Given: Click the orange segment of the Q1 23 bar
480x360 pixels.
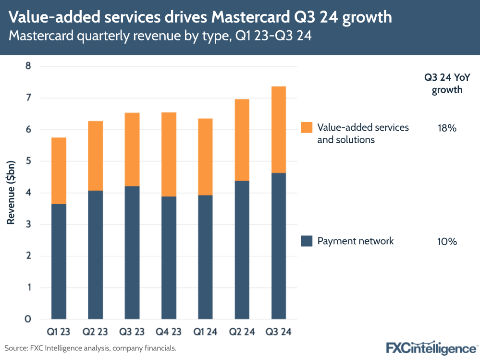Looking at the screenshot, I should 59,171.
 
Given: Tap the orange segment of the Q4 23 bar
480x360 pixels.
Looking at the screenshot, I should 169,154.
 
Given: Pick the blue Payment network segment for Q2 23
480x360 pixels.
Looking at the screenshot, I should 96,255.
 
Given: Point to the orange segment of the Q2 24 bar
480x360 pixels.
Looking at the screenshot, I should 242,140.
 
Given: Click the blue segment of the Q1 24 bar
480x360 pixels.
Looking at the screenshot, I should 206,257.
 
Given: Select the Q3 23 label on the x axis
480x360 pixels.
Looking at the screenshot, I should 132,332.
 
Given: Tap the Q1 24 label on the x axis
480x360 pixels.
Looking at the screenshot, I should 206,332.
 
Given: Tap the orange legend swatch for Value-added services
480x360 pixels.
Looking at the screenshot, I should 306,127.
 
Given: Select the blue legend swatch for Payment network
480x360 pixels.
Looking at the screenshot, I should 306,241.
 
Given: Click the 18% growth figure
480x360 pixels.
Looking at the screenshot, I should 446,128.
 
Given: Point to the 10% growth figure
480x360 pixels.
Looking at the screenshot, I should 446,241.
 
